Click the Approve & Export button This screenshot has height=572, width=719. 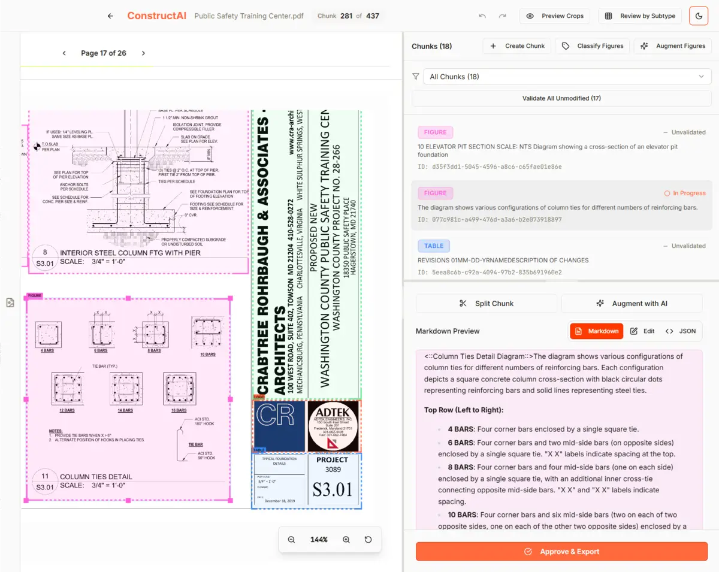[x=561, y=552]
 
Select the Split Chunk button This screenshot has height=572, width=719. [x=487, y=304]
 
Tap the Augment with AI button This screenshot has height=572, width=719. [x=632, y=304]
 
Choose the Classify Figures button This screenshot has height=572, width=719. [x=593, y=46]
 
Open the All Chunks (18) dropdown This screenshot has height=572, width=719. [x=566, y=77]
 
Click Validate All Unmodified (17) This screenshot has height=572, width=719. [x=561, y=98]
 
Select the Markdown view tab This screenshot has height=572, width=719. [x=596, y=331]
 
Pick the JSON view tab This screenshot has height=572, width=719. [x=681, y=331]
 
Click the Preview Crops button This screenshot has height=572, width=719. [x=555, y=16]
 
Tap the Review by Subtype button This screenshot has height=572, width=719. [x=640, y=16]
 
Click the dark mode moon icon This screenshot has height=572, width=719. [x=699, y=16]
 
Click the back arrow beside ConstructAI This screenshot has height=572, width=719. [x=110, y=16]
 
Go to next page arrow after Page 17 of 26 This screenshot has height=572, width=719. [x=143, y=53]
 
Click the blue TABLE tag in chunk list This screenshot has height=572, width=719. [x=434, y=246]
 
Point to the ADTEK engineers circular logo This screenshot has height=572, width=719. [x=333, y=426]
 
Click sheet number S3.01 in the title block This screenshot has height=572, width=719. [x=333, y=489]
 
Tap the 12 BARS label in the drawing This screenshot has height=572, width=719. [x=67, y=410]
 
